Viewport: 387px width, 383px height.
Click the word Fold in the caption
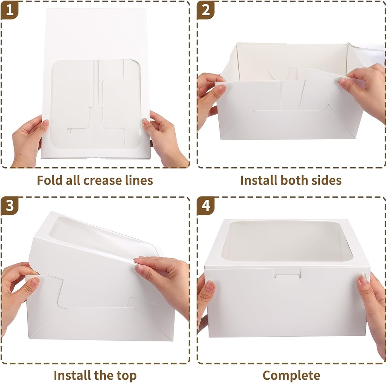click(x=49, y=180)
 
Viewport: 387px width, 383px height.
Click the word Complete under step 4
click(x=291, y=375)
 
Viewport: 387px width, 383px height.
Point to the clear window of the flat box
click(x=96, y=104)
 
